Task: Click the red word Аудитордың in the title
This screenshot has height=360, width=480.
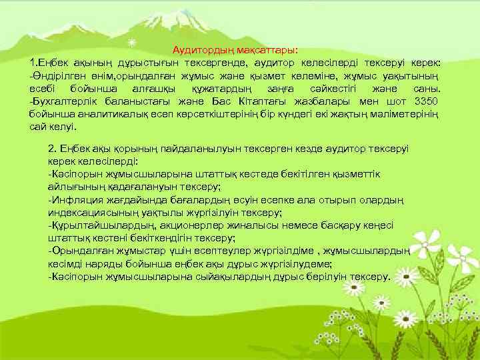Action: (x=201, y=50)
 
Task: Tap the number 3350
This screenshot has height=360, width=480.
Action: (x=425, y=101)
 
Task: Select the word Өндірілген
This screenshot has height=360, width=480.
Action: (x=57, y=75)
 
